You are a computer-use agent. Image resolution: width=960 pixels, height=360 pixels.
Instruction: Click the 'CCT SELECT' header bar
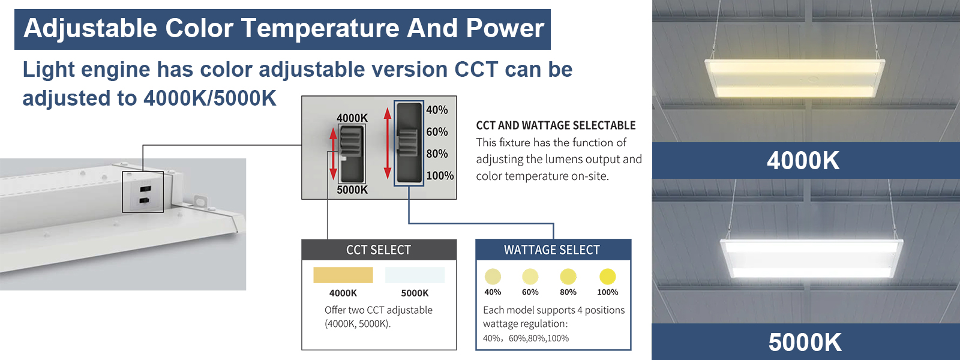379,250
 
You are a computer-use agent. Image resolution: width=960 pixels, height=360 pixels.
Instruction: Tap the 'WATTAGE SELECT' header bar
553,250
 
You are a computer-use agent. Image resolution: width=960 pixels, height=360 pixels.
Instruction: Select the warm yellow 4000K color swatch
343,275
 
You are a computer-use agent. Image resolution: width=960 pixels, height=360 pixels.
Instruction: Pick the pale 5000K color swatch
415,275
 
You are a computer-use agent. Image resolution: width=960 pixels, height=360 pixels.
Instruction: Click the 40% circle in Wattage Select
493,277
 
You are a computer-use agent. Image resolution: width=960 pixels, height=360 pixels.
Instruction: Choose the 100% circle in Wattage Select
607,277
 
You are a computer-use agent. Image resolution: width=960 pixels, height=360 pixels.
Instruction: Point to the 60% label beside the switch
437,131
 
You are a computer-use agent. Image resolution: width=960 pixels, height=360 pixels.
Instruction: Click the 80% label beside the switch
437,154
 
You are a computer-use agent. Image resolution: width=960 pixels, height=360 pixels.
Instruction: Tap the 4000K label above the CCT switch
352,118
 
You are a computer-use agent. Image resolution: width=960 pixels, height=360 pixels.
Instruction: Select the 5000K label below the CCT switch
352,190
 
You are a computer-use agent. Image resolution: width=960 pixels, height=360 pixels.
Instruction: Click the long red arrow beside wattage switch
388,143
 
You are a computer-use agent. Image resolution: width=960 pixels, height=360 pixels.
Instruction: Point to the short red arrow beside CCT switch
333,154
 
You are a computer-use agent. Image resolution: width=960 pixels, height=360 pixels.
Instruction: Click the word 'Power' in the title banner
505,28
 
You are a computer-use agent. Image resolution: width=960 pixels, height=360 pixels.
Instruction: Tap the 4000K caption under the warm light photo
803,161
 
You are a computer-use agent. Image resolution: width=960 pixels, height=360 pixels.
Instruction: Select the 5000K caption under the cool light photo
805,342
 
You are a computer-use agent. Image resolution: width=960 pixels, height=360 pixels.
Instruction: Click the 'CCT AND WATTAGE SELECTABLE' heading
556,125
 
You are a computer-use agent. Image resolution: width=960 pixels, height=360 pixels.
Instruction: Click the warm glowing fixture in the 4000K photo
795,78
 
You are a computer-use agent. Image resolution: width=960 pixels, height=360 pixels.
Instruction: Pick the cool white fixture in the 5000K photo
811,257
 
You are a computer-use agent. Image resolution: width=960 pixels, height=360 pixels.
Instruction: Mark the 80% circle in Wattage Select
568,277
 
